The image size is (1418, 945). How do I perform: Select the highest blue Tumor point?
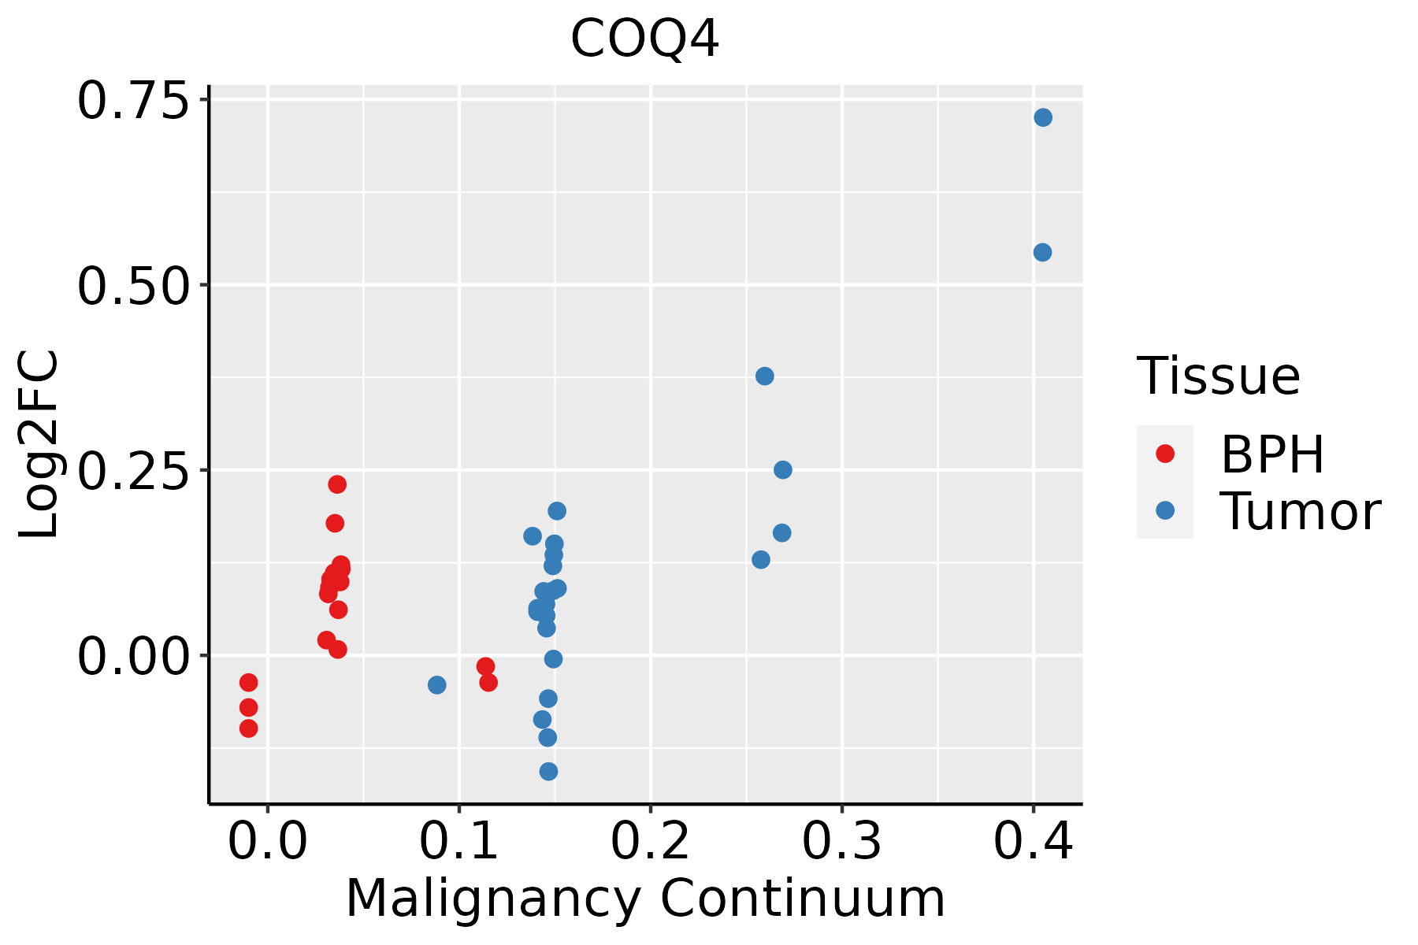coord(1043,118)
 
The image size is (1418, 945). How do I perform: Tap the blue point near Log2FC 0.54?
coord(1042,253)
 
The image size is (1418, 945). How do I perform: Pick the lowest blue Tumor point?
coord(549,771)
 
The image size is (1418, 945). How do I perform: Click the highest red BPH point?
coord(337,484)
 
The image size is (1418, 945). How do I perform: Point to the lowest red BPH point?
coord(249,728)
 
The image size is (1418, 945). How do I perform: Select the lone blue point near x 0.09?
coord(437,685)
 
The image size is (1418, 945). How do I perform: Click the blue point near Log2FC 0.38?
coord(765,376)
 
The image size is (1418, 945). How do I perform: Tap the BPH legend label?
coord(1272,454)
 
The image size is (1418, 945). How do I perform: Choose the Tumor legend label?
coord(1300,512)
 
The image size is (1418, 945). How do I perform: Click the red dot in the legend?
coord(1165,454)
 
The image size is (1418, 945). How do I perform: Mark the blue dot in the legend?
coord(1165,510)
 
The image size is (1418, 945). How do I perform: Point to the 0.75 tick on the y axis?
coord(134,102)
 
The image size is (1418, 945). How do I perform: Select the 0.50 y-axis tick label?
coord(134,286)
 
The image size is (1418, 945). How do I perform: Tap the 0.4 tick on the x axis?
coord(1033,842)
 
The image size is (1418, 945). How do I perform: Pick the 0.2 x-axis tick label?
coord(651,842)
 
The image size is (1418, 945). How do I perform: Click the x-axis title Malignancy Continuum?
coord(645,899)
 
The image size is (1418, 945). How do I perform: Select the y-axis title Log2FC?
coord(39,445)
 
